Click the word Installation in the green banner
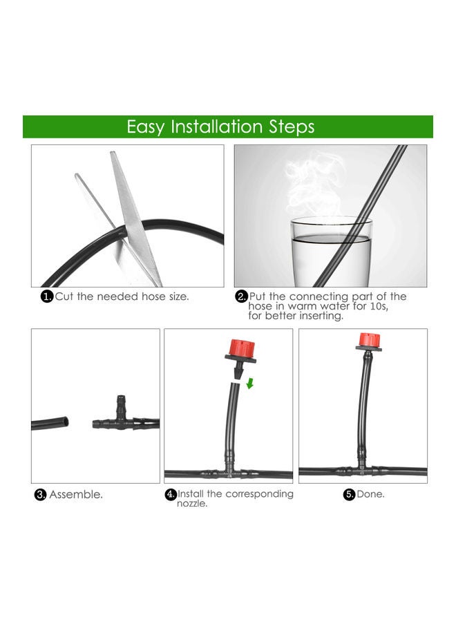pyautogui.click(x=216, y=126)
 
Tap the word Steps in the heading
pyautogui.click(x=292, y=127)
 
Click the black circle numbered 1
pyautogui.click(x=47, y=296)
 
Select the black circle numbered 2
pyautogui.click(x=241, y=296)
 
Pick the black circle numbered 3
pyautogui.click(x=41, y=495)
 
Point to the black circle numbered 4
pyautogui.click(x=171, y=494)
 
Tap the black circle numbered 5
pyautogui.click(x=349, y=494)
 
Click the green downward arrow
pyautogui.click(x=250, y=383)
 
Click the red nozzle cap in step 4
pyautogui.click(x=240, y=348)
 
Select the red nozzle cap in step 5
pyautogui.click(x=370, y=339)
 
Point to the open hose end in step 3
pyautogui.click(x=65, y=422)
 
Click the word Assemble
pyautogui.click(x=76, y=495)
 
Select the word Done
pyautogui.click(x=370, y=494)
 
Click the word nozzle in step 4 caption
pyautogui.click(x=192, y=504)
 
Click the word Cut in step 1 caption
pyautogui.click(x=64, y=296)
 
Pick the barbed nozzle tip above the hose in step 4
pyautogui.click(x=238, y=371)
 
